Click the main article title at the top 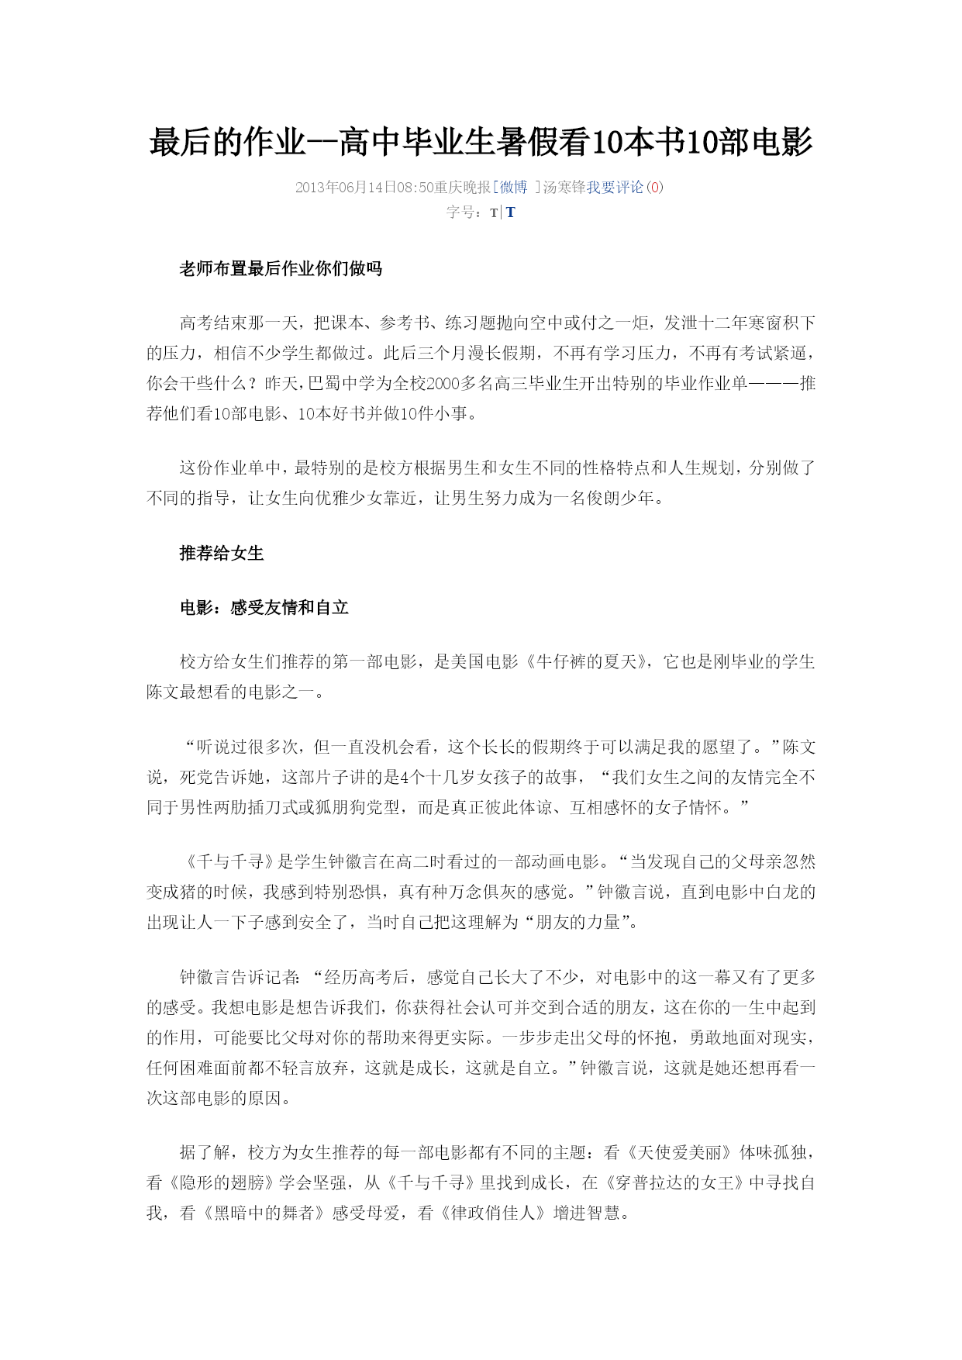[481, 143]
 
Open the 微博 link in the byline [513, 187]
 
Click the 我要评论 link [615, 187]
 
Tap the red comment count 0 [655, 187]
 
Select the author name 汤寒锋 [564, 187]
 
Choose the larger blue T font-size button [511, 212]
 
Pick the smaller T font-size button [494, 213]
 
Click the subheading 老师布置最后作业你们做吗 [281, 269]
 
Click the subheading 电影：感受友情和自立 [264, 607]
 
